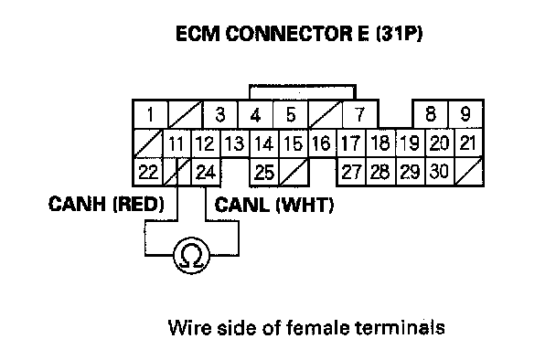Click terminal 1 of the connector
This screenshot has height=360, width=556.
(x=150, y=114)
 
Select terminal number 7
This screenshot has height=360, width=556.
(x=360, y=114)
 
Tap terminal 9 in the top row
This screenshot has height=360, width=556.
(x=465, y=114)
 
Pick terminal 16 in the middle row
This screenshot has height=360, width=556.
(x=322, y=143)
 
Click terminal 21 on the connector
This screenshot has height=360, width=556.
(x=468, y=143)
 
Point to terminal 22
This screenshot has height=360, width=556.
(x=148, y=172)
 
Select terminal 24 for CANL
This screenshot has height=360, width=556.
(x=206, y=172)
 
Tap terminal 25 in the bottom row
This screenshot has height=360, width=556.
(x=264, y=172)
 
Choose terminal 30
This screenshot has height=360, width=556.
(x=439, y=172)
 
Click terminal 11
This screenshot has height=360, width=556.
(x=176, y=143)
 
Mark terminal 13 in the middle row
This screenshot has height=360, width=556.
(x=235, y=143)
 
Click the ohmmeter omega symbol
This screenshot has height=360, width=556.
(x=191, y=256)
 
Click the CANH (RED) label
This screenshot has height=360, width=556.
(x=106, y=204)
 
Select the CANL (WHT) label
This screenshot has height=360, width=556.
(x=274, y=205)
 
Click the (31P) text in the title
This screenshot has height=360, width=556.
(x=399, y=34)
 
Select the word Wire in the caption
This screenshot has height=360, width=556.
(x=189, y=327)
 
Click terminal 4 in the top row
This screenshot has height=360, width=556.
(x=255, y=114)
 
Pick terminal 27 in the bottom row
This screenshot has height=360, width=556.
(x=351, y=172)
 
